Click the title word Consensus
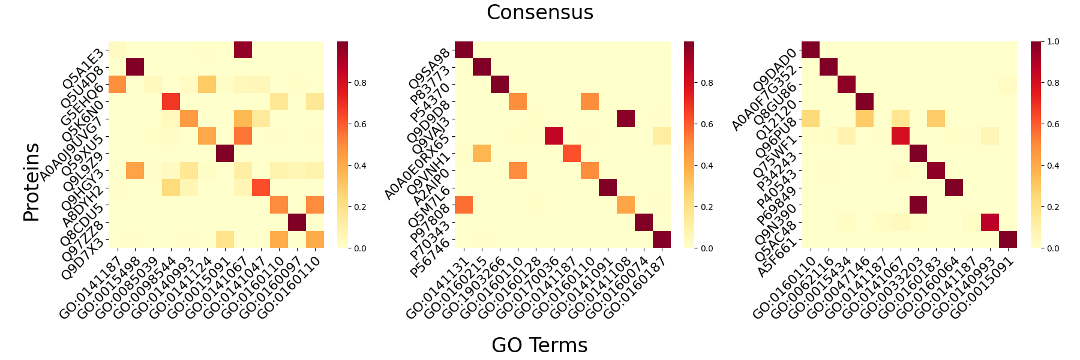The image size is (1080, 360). tap(540, 13)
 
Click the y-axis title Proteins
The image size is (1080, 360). tap(32, 182)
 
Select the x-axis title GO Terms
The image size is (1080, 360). tap(539, 345)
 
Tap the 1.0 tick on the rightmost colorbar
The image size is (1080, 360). tap(1053, 41)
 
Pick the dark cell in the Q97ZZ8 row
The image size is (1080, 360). tap(297, 222)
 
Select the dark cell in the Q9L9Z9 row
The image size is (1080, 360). tap(225, 153)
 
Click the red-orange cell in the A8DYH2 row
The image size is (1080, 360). tap(261, 188)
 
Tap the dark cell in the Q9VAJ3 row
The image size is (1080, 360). tap(626, 119)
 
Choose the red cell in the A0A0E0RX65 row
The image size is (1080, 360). tap(554, 136)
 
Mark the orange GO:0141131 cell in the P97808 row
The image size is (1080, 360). tap(464, 205)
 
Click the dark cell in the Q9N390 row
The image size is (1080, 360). tap(919, 205)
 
